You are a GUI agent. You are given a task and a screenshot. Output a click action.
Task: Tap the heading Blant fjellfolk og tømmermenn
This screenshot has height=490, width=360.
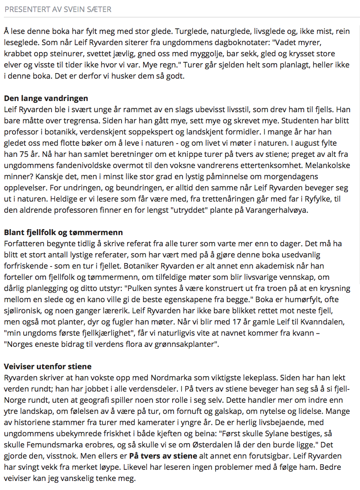coord(64,233)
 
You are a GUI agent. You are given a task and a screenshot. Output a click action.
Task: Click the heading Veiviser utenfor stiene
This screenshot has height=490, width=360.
coord(47,367)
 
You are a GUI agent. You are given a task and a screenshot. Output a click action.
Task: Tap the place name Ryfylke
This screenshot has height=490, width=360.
coord(313,199)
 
